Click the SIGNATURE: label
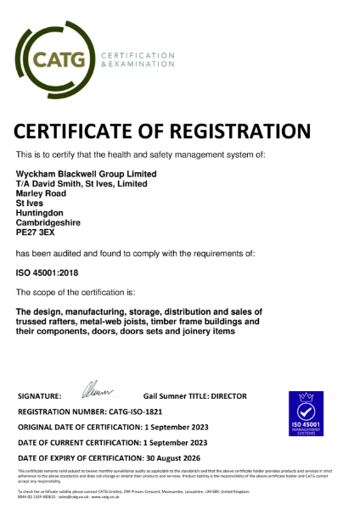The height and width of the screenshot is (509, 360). [x=39, y=396]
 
